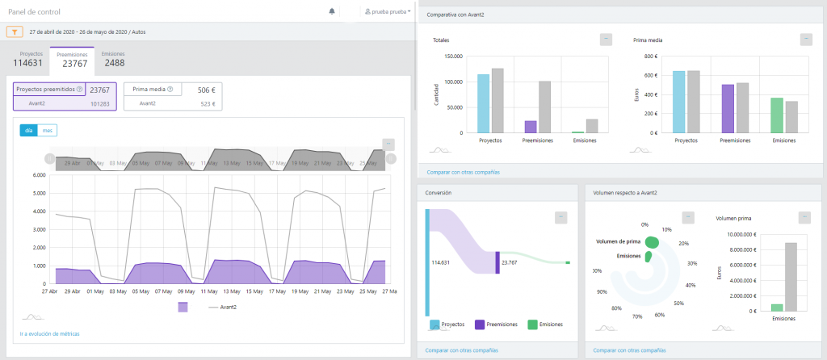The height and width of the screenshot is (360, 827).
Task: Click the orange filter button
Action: click(15, 32)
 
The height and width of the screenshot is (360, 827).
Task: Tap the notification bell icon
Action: click(332, 11)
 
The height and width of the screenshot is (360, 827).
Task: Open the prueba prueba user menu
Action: click(388, 12)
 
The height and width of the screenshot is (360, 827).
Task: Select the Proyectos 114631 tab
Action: click(27, 59)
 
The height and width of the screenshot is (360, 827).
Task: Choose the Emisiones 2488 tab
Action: click(114, 59)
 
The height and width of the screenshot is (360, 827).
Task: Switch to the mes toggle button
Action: click(48, 130)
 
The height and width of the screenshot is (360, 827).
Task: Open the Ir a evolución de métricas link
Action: click(49, 333)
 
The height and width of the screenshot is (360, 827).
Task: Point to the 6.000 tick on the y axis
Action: click(38, 174)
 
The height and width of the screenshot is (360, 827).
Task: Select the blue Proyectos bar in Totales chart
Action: click(483, 103)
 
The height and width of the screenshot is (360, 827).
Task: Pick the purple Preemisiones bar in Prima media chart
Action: click(728, 108)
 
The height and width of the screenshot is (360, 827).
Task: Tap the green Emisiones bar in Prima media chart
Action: click(776, 115)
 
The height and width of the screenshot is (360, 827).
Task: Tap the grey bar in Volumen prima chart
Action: click(791, 277)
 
